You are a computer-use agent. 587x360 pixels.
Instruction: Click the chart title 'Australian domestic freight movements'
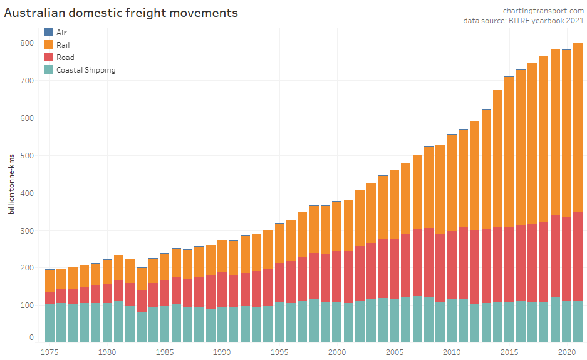point(121,13)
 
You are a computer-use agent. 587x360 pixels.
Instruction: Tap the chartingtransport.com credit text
point(543,11)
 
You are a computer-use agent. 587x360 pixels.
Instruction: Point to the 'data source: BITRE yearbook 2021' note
point(523,21)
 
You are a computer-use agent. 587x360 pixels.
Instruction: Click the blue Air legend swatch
point(49,32)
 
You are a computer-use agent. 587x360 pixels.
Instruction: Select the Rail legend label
point(63,44)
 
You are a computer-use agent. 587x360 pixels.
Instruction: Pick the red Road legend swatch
point(49,57)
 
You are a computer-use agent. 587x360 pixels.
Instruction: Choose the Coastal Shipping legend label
point(86,70)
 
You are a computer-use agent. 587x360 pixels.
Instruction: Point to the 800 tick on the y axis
point(27,43)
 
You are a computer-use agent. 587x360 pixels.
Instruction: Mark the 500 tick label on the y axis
point(27,156)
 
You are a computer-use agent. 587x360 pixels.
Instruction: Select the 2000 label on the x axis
point(337,352)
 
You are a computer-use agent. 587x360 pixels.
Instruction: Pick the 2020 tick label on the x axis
point(567,352)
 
